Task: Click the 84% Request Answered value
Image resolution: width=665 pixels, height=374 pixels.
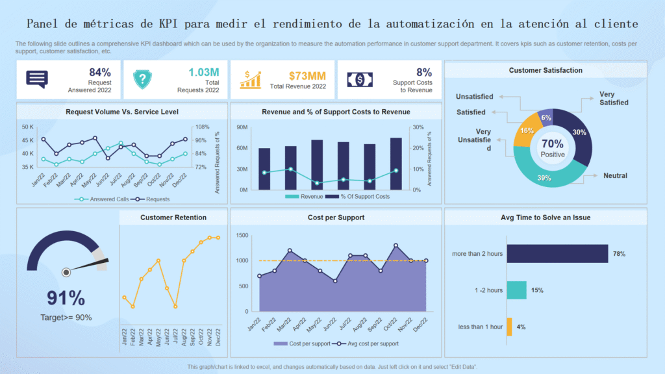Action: click(x=100, y=72)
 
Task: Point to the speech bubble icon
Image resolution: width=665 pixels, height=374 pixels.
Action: click(x=37, y=79)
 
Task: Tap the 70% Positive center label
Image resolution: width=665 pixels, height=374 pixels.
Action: click(x=553, y=147)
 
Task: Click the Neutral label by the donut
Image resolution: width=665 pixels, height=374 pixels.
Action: click(x=614, y=175)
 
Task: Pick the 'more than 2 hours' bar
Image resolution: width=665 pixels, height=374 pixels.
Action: click(x=557, y=253)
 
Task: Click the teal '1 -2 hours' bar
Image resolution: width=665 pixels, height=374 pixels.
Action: click(x=516, y=290)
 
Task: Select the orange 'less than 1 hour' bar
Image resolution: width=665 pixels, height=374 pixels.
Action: click(x=509, y=327)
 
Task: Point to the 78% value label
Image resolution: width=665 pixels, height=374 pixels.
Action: click(x=619, y=254)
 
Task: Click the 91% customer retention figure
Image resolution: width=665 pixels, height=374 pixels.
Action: click(x=66, y=298)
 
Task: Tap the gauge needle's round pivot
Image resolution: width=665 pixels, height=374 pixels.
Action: click(x=66, y=272)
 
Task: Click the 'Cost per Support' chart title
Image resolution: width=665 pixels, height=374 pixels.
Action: click(x=336, y=218)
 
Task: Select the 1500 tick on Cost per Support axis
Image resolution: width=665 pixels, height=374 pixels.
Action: click(x=242, y=234)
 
